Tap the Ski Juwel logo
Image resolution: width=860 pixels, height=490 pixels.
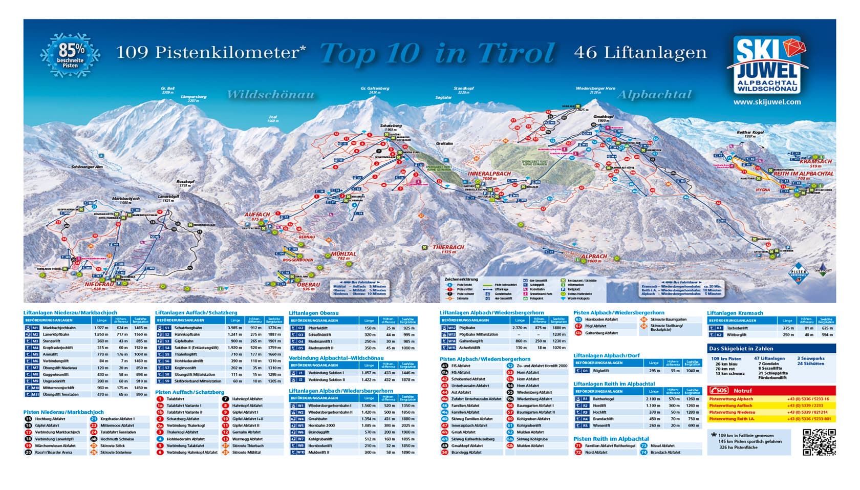[766, 65]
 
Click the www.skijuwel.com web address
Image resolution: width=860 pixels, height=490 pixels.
[766, 102]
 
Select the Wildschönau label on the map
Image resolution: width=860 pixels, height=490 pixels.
[270, 95]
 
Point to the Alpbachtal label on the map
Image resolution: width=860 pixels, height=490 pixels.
[654, 95]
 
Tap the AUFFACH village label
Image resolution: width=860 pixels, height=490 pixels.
[257, 215]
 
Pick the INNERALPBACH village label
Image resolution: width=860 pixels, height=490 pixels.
[489, 174]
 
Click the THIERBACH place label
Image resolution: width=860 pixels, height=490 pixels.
[448, 247]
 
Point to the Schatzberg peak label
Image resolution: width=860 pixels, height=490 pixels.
[391, 125]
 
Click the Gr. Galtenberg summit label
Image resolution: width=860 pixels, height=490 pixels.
[375, 89]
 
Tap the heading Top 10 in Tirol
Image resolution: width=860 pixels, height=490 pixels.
[437, 53]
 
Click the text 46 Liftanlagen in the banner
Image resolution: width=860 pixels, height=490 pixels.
[640, 52]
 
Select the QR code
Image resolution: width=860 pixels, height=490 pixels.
[819, 442]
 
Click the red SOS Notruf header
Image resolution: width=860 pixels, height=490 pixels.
[771, 390]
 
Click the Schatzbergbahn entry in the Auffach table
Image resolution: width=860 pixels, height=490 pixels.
[189, 328]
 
